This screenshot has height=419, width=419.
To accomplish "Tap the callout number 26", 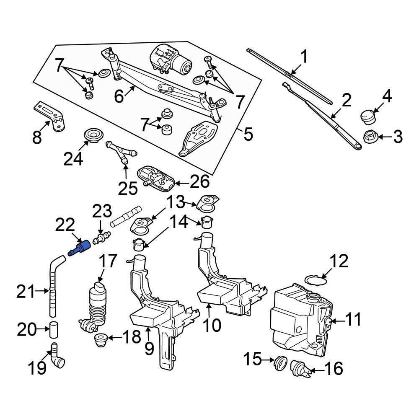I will [x=199, y=182].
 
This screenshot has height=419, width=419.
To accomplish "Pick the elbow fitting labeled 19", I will [x=57, y=357].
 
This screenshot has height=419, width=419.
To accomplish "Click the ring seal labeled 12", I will [x=315, y=280].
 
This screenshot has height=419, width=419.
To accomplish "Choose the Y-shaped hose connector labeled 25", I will [x=122, y=152].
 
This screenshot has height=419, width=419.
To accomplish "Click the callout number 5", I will [x=248, y=134].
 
